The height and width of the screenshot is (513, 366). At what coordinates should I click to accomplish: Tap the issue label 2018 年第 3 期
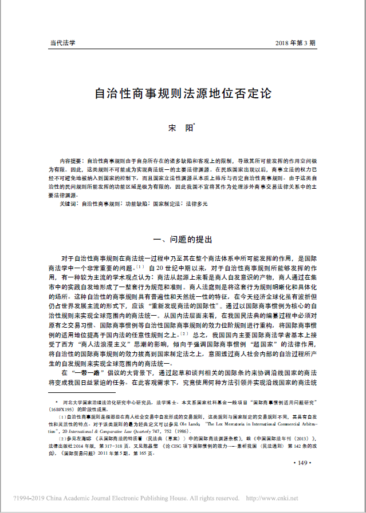[294, 43]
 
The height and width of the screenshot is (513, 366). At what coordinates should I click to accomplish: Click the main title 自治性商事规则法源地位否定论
[183, 92]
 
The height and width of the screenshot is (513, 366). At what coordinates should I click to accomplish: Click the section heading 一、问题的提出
[183, 240]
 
